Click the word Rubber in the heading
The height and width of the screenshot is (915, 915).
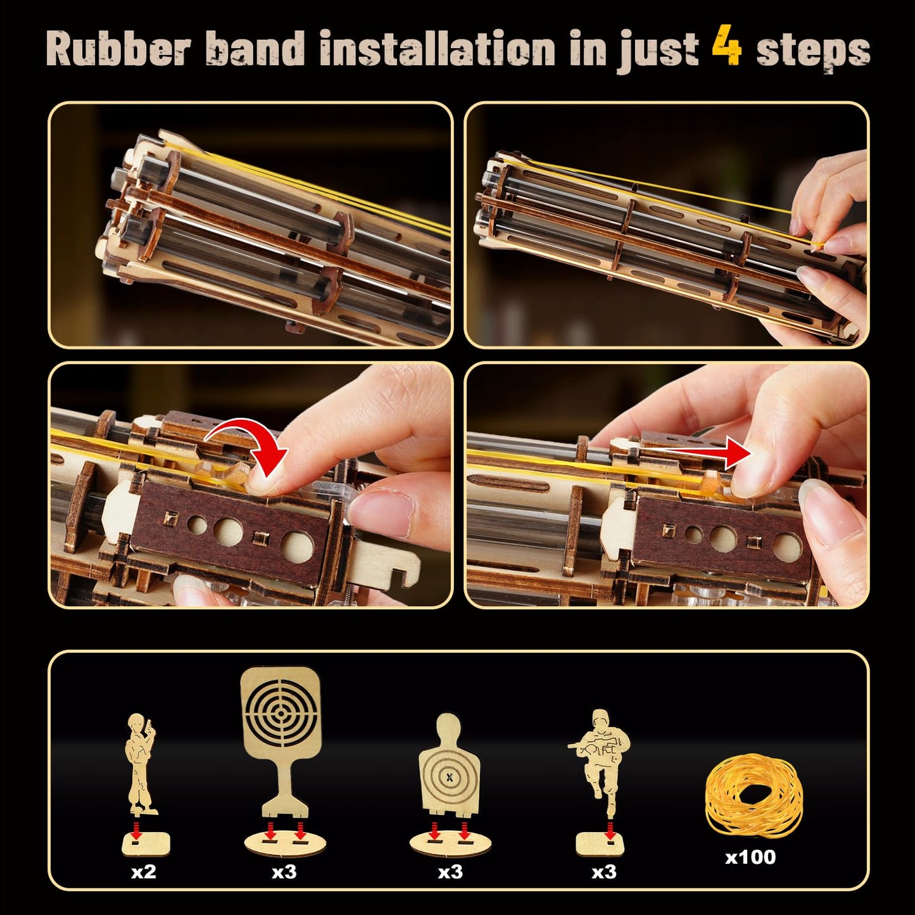coord(118,49)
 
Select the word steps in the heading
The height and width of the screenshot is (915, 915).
coord(813,51)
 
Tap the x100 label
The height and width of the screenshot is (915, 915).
coord(750,857)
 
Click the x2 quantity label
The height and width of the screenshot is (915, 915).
coord(144,872)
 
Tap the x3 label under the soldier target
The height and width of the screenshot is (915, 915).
coord(603,872)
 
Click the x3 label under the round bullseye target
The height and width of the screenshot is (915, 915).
coord(284,872)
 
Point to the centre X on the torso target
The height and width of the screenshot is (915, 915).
coord(450,776)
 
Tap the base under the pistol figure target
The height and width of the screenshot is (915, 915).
coord(146,843)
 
